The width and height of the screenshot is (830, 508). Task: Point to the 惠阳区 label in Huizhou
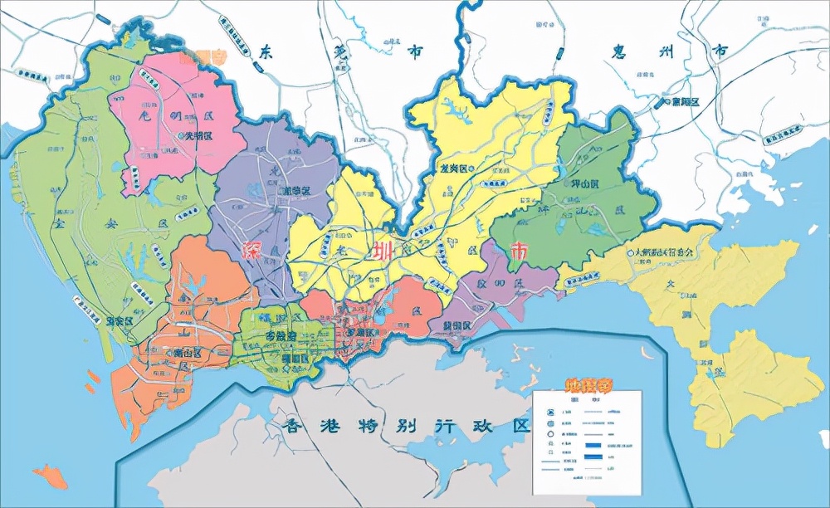[x=686, y=101]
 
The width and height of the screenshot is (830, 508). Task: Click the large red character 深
[x=251, y=252]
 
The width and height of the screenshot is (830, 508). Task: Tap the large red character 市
[x=519, y=252]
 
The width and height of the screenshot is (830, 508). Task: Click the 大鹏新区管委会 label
[x=664, y=251]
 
